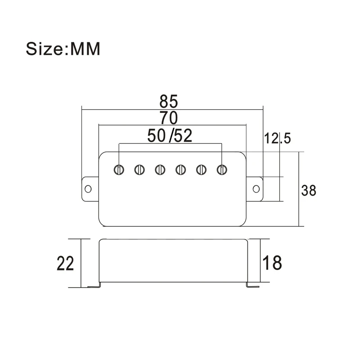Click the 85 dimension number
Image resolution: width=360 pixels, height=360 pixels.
(x=169, y=101)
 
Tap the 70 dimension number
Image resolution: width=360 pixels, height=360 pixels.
(x=169, y=118)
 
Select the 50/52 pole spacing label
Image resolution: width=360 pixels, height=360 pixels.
(x=170, y=136)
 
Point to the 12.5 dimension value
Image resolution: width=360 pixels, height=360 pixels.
(x=277, y=139)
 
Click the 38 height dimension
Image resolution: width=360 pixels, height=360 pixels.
(x=309, y=190)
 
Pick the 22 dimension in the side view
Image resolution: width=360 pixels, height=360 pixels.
(x=65, y=263)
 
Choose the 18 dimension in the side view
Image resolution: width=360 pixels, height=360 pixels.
(x=272, y=263)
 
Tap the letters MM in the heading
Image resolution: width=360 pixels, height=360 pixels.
(x=85, y=49)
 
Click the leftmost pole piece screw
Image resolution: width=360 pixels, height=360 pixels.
(x=119, y=170)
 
